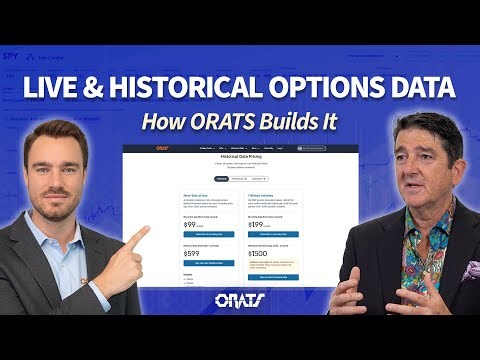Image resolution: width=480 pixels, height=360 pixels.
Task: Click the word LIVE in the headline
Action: [59, 88]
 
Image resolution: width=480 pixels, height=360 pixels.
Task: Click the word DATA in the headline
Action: [421, 88]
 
